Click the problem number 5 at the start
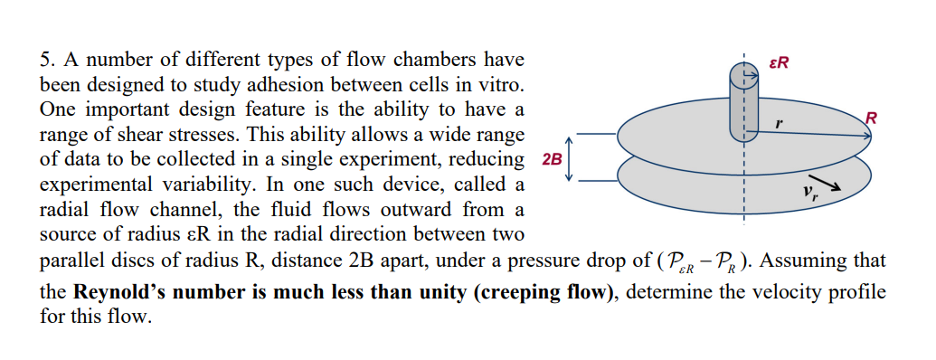[47, 62]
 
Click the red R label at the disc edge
[871, 117]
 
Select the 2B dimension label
[551, 159]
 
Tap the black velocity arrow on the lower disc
[832, 186]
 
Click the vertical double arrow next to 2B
[570, 159]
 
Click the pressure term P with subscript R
[725, 263]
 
